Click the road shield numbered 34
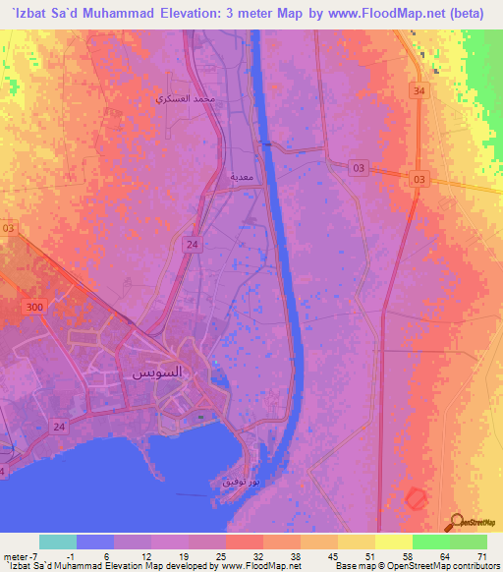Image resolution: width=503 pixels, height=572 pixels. click(x=419, y=91)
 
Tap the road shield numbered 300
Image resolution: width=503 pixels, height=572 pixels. click(x=37, y=308)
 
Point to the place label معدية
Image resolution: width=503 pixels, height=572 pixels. click(x=243, y=177)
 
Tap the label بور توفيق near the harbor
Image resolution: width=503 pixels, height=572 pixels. click(x=240, y=485)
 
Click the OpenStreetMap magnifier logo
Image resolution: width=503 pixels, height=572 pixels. click(x=457, y=522)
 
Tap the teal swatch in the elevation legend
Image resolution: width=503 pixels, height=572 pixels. click(x=57, y=542)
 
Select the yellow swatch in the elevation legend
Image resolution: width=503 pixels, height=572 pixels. click(x=394, y=542)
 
